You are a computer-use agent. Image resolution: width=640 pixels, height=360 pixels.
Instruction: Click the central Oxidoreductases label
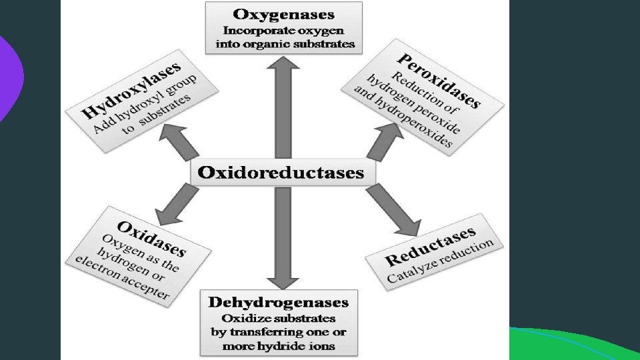point(281,173)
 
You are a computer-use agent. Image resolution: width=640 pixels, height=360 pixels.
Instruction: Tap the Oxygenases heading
point(284,14)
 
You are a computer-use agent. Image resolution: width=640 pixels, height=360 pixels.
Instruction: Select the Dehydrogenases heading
point(279,302)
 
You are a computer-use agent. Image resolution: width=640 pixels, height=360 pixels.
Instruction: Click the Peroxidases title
point(439,79)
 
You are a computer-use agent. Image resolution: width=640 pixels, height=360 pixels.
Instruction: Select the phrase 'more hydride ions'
point(279,346)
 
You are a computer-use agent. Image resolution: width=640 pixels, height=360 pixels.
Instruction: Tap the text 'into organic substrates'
point(285,45)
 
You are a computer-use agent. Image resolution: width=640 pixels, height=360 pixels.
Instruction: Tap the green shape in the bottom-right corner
point(573,343)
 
